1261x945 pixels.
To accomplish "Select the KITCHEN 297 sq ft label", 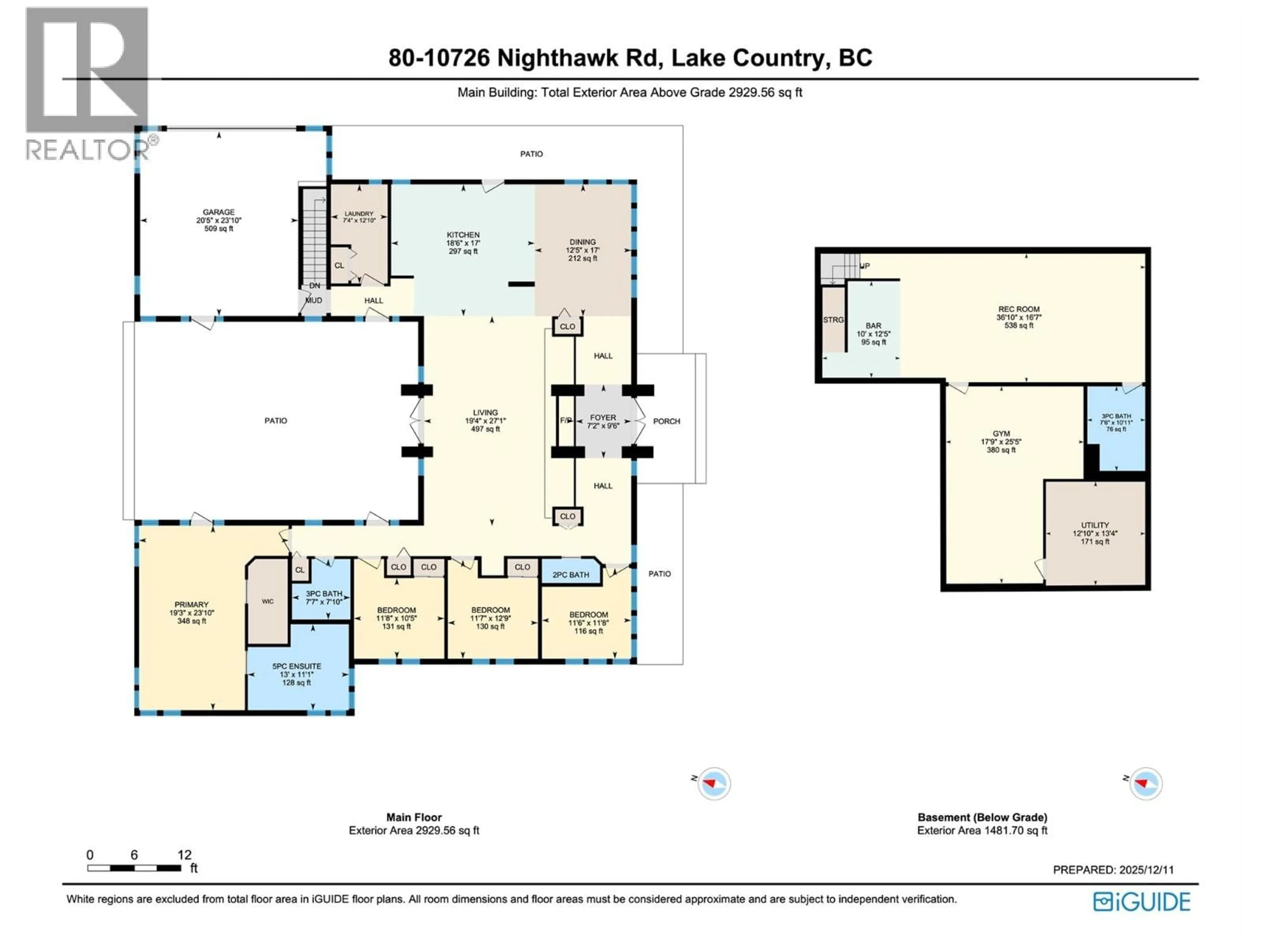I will click(x=463, y=243).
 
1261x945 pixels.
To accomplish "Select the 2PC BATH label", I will click(x=571, y=575).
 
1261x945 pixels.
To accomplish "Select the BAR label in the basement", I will click(x=874, y=326).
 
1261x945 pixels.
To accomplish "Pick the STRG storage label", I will click(x=833, y=320).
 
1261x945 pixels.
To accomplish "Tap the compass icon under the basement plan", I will click(x=1146, y=784).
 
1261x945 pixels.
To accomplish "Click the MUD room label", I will click(x=314, y=300).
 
